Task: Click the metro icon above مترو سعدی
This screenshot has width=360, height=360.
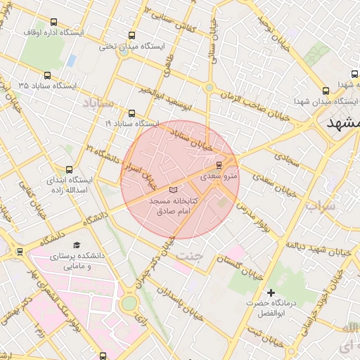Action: pos(219,165)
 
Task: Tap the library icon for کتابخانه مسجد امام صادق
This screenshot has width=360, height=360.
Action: pos(174,190)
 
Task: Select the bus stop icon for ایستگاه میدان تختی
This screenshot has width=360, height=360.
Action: pos(132,36)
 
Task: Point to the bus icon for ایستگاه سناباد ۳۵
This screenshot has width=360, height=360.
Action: pos(48,75)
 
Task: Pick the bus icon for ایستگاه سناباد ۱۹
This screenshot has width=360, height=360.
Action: pos(131,113)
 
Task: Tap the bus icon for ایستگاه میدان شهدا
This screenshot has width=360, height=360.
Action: pos(326,92)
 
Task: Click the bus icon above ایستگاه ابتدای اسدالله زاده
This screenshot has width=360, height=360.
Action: pos(69,169)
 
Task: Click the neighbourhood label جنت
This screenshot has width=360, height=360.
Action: pos(189,257)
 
